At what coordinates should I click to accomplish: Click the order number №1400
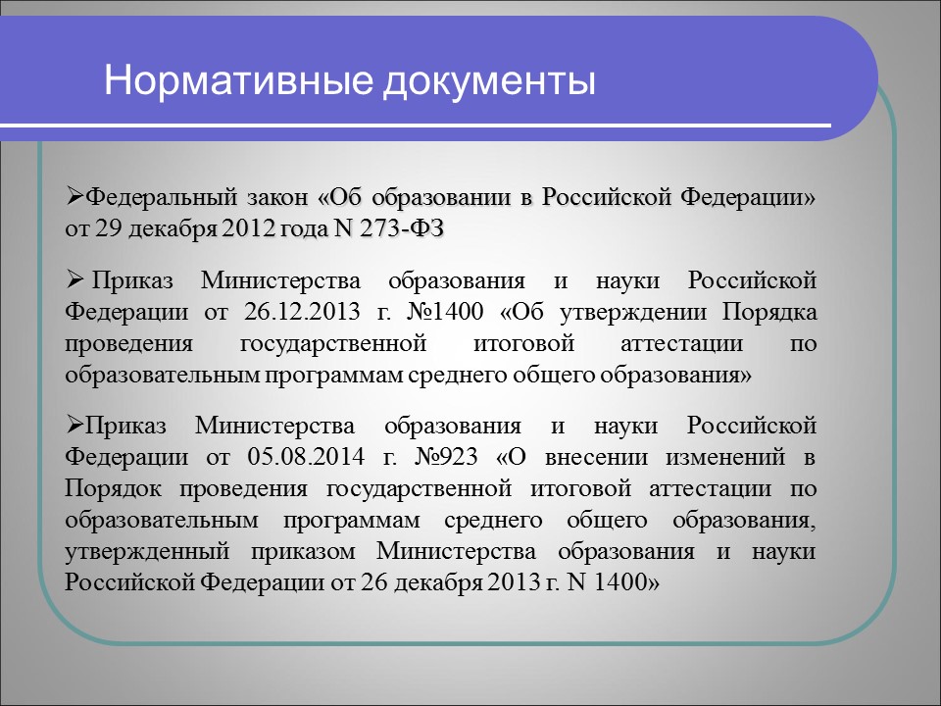click(x=445, y=312)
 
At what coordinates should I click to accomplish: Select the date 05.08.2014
click(x=306, y=458)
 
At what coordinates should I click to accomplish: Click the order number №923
click(x=446, y=458)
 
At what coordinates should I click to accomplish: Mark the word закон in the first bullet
click(x=276, y=198)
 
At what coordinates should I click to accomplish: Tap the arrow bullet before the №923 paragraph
click(x=74, y=424)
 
